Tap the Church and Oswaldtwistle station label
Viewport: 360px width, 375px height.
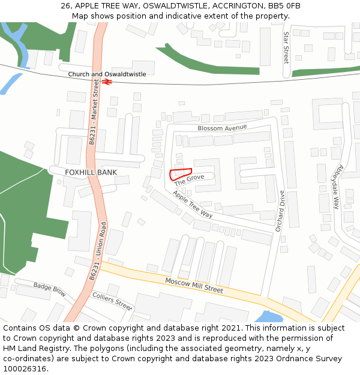(x=107, y=74)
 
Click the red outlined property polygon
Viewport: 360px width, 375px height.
(x=179, y=174)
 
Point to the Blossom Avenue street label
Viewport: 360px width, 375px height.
(x=222, y=128)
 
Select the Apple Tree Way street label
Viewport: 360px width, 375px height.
(x=193, y=204)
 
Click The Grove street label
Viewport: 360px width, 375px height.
(x=190, y=179)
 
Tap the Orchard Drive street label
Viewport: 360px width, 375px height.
(x=279, y=211)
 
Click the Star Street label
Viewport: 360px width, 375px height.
(x=286, y=47)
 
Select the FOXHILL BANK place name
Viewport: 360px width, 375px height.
(x=91, y=172)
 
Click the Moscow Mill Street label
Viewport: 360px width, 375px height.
(x=194, y=285)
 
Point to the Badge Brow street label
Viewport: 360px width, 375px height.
(x=49, y=290)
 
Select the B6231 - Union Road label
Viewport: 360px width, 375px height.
(x=98, y=251)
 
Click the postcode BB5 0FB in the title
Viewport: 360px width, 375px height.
(x=281, y=6)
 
